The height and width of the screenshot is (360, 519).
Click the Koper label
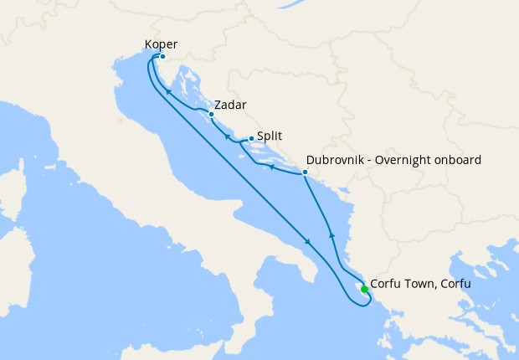(x=161, y=44)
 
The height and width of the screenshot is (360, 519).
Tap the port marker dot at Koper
(x=162, y=57)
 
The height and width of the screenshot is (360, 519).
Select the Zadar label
(x=230, y=105)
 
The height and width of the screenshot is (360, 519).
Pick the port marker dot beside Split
(x=251, y=139)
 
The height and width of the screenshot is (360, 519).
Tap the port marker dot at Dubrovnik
(x=305, y=172)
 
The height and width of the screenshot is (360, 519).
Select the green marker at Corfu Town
(x=364, y=290)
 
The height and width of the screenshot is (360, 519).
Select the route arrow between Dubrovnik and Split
(x=272, y=167)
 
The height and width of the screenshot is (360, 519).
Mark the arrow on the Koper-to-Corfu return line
(x=308, y=242)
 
